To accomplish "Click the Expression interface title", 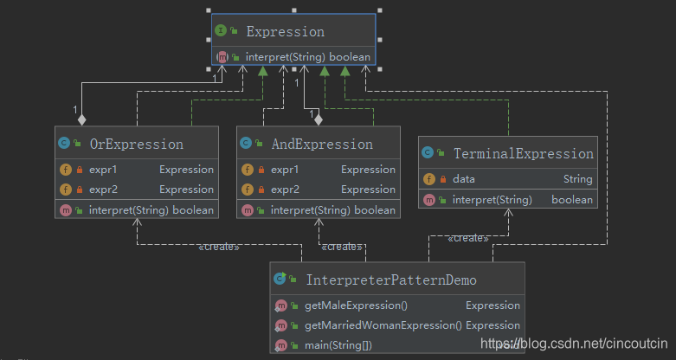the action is [x=285, y=31].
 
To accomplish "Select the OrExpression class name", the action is [x=136, y=144].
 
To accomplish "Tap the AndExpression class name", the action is [x=322, y=144].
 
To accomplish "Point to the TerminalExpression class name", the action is [x=524, y=153].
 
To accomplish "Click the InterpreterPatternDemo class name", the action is [x=391, y=280].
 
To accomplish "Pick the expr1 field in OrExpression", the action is [x=103, y=170].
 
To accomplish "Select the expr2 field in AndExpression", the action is [x=285, y=190].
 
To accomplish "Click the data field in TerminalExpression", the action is [x=463, y=179].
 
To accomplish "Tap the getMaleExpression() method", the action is [x=356, y=305].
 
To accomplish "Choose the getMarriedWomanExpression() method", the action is [x=383, y=325].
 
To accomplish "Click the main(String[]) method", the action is [x=338, y=345].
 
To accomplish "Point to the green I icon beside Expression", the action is [x=221, y=30].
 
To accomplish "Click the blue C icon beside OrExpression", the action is [x=64, y=143].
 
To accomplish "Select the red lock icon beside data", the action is [x=443, y=179].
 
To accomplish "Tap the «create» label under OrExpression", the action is [x=219, y=247].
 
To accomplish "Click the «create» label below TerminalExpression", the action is [x=468, y=238].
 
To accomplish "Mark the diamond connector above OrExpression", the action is [x=81, y=119].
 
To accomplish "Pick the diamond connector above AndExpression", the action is [x=319, y=119].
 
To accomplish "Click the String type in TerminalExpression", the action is [x=577, y=179].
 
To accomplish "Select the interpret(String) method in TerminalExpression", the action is [x=492, y=200].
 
